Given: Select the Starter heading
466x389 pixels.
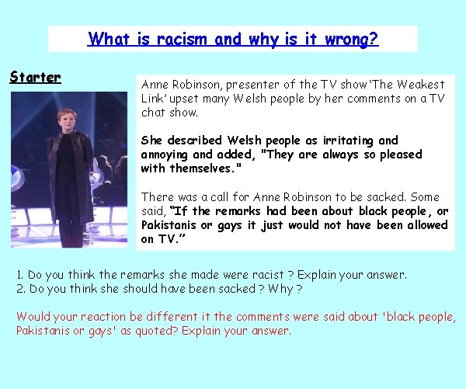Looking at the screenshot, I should click(x=35, y=77).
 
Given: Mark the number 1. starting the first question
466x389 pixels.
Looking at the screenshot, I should click(x=21, y=275).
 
